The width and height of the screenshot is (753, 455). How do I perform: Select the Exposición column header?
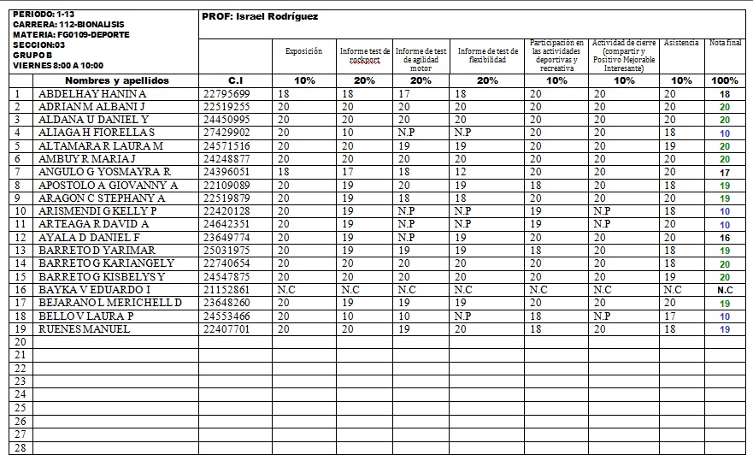point(304,51)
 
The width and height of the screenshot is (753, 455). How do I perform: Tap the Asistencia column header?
point(681,43)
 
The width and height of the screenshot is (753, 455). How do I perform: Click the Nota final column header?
point(725,43)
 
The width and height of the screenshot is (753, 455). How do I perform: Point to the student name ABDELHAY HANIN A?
point(93,93)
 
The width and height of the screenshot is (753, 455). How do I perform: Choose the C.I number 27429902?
point(226,133)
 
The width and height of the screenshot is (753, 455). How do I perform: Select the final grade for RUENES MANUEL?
point(725,329)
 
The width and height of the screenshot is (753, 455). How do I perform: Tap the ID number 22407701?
point(226,329)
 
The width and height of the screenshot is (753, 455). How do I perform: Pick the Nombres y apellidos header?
point(117,80)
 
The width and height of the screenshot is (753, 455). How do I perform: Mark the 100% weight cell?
point(725,80)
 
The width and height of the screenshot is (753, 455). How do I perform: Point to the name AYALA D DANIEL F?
point(89,237)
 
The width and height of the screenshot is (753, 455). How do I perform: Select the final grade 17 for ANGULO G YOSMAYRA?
point(725,172)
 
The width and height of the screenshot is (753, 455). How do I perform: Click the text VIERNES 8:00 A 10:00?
point(57,65)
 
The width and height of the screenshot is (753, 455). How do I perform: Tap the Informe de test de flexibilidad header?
point(488,56)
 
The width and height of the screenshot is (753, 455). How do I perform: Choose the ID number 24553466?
point(226,316)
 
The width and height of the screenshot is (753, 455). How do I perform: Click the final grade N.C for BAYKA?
point(725,290)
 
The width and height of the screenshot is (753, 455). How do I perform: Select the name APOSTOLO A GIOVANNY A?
point(108,185)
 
